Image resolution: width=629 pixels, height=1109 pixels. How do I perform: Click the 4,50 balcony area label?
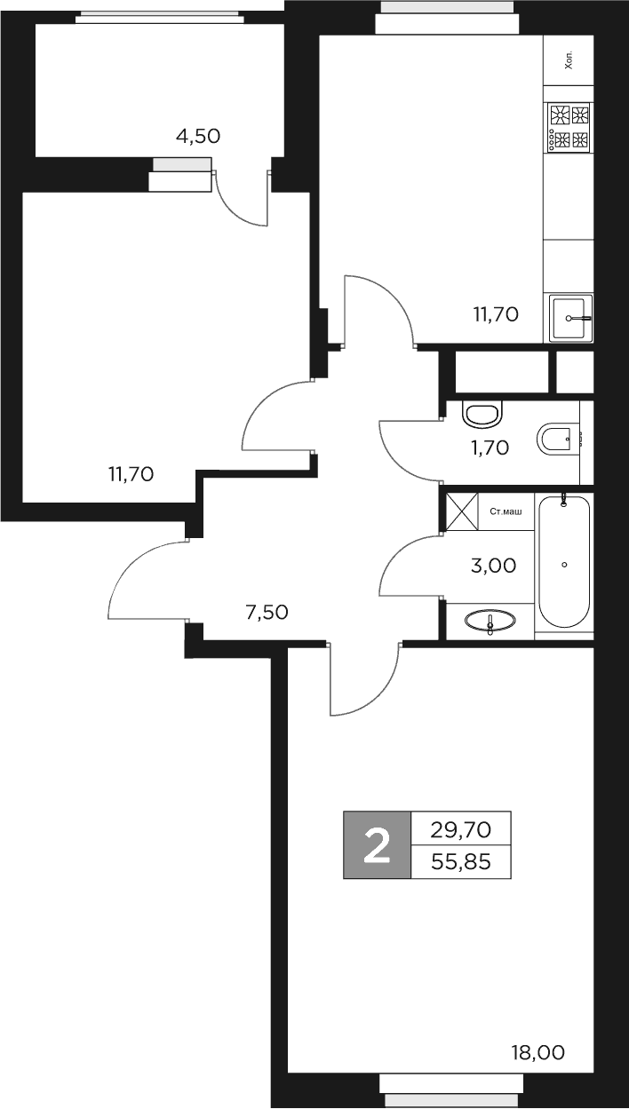198,136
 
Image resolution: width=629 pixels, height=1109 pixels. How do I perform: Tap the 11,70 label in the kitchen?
495,313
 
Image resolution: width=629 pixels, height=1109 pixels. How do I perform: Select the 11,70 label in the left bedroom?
131,474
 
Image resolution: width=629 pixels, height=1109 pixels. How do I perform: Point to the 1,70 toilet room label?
490,448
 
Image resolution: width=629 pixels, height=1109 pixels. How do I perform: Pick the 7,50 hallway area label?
267,611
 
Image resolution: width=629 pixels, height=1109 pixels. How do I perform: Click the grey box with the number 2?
378,845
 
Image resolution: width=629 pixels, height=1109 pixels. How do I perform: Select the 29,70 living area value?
461,829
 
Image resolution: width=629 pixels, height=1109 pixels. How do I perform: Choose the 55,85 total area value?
461,861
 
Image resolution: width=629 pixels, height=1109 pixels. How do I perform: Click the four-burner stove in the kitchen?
569,127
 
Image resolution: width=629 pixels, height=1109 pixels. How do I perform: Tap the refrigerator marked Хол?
569,60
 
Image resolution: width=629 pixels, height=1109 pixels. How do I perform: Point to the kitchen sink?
569,317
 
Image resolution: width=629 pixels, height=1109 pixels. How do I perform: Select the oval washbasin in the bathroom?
490,621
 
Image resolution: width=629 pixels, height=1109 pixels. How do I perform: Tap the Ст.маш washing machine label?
506,511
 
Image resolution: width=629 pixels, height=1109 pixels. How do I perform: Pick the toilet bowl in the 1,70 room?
482,414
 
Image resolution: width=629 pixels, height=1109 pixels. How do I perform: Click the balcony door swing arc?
239,201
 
